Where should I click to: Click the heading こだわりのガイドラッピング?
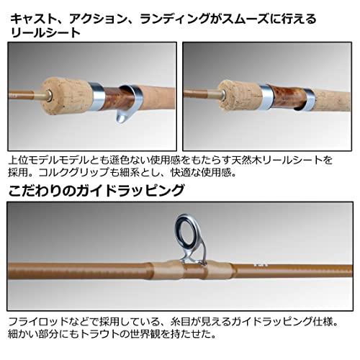(x=96, y=191)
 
